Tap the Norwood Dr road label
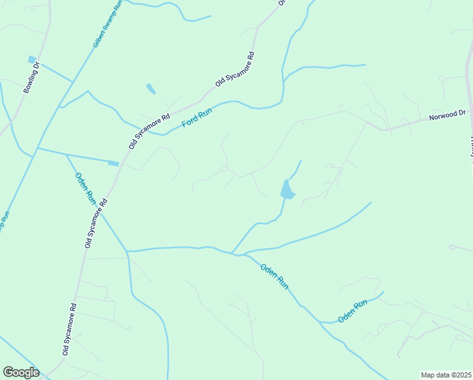(x=447, y=115)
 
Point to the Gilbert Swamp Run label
(x=107, y=25)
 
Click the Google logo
(x=21, y=372)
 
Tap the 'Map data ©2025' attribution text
(x=446, y=375)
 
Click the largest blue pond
(x=287, y=189)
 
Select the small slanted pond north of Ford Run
(x=150, y=89)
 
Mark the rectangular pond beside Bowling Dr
(x=32, y=60)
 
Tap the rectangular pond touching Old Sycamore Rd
(x=113, y=163)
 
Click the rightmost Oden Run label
(x=352, y=312)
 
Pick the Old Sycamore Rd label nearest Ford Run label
(x=150, y=131)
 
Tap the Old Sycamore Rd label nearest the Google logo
(x=70, y=328)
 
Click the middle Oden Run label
(x=274, y=276)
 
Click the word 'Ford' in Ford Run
(x=190, y=120)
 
